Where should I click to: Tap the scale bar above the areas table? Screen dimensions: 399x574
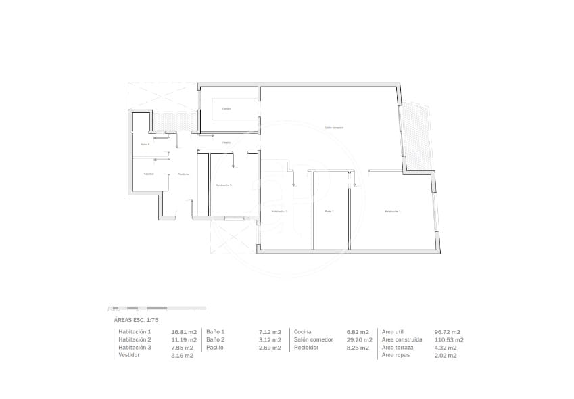point(157,308)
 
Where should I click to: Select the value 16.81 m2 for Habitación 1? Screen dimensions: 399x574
point(184,332)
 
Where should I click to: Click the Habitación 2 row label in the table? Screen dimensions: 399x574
point(135,339)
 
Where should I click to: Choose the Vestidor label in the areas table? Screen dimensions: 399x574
point(129,355)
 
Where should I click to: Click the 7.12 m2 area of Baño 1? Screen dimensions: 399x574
point(270,332)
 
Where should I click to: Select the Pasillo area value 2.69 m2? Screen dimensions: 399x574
point(270,348)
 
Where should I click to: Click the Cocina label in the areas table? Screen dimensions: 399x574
point(302,332)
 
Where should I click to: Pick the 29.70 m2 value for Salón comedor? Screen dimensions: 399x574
point(358,339)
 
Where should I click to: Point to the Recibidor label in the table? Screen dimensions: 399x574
point(306,348)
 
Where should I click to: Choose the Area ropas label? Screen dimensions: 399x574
point(397,355)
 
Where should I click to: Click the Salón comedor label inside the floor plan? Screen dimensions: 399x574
point(334,127)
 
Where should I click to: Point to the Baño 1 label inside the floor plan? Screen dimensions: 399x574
point(329,212)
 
